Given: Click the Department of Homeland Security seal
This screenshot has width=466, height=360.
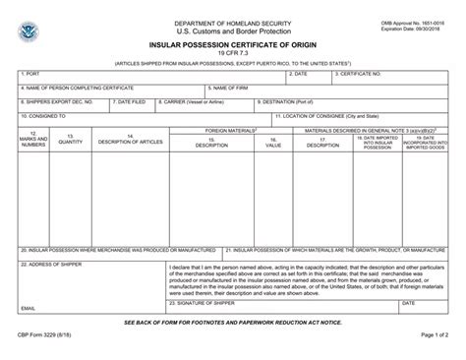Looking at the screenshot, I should (x=27, y=33).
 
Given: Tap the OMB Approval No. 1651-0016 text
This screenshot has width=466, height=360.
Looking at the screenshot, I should (x=410, y=22).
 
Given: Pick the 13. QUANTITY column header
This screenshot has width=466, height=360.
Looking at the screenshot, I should (x=70, y=141).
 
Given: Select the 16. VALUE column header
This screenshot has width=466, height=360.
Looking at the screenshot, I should (x=273, y=144).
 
